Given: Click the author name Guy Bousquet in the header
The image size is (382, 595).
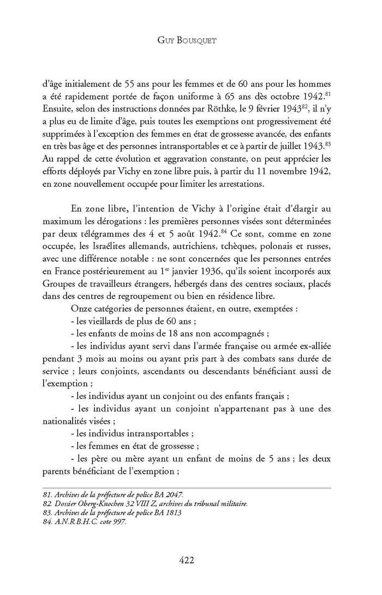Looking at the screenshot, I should click(x=190, y=39).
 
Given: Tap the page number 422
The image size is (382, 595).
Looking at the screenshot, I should click(x=190, y=560).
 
